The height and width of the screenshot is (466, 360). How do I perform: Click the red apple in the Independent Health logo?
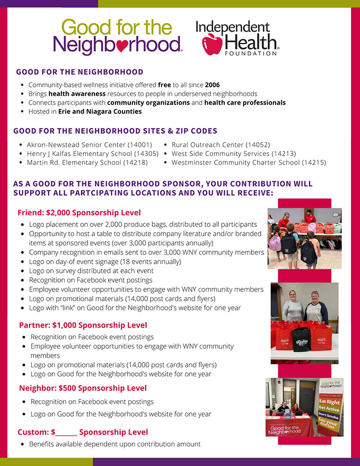click(x=212, y=43)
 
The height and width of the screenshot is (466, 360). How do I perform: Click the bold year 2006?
click(x=212, y=85)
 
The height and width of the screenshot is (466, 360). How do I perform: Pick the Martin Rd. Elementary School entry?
click(x=87, y=163)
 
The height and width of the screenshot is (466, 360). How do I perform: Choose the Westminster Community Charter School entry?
click(x=249, y=163)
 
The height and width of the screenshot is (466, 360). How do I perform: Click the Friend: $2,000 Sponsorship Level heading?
click(x=79, y=212)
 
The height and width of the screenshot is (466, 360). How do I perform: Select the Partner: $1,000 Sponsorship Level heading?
click(x=83, y=325)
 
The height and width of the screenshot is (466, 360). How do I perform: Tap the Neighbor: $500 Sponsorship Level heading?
click(x=83, y=388)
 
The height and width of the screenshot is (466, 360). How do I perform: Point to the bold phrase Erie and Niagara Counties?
click(x=100, y=111)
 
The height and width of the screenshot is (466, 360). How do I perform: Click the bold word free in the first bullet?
click(x=164, y=85)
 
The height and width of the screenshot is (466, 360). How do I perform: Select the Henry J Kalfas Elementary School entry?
click(x=93, y=154)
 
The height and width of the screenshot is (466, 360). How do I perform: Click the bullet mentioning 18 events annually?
click(x=105, y=262)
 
